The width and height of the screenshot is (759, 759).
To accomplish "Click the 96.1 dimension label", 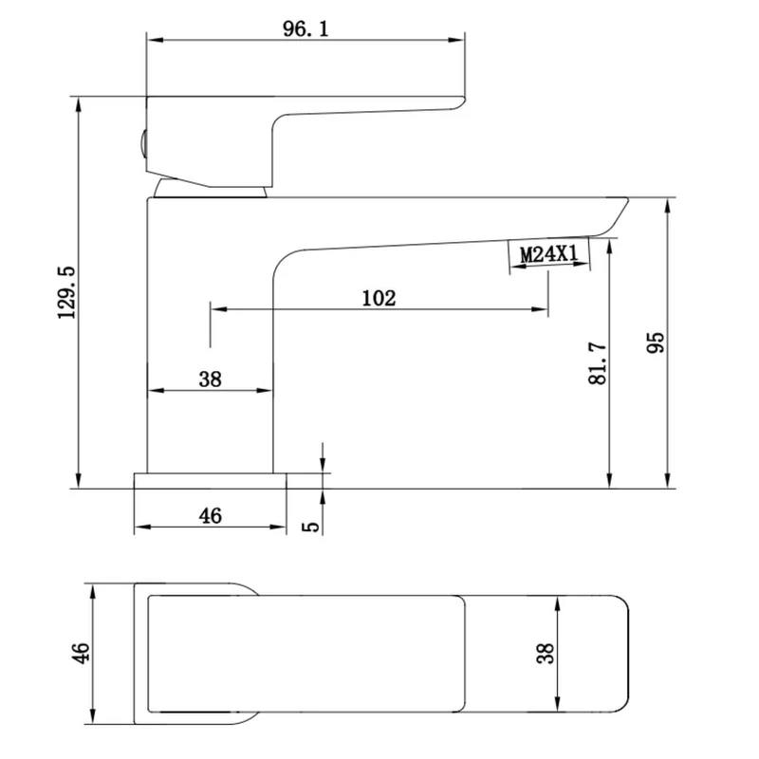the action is pos(305,29).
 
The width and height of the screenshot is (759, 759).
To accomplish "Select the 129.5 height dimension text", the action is pos(67,292).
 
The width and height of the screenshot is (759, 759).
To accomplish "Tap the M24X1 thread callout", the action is pos(549,253).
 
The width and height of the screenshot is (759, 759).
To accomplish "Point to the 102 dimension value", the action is pos(379,298).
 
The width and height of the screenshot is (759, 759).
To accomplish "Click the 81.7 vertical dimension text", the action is pos(598,363).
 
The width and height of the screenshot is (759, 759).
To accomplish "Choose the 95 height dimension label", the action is pos(656,342).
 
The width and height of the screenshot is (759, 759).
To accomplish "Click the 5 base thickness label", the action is pos(311,527).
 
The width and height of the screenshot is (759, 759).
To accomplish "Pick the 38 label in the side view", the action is pos(210,379).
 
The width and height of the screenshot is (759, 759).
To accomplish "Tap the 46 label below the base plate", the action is pos(210,516).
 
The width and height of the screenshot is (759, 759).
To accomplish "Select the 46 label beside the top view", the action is pos(81,653).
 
